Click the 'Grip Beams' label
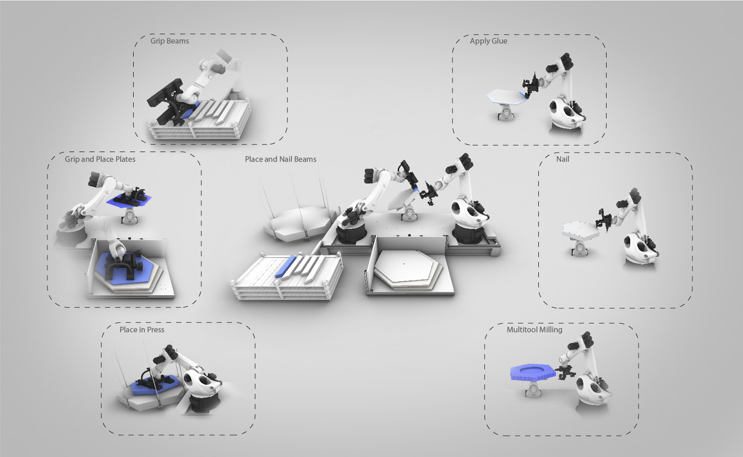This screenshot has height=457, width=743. point(170,41)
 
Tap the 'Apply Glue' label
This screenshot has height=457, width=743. point(488,41)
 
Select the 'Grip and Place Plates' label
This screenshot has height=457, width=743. point(100,159)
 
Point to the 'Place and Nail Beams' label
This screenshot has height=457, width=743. point(280,159)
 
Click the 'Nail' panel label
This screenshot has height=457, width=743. point(562,159)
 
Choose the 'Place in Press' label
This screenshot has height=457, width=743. point(142,330)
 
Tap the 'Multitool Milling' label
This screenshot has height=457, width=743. point(535,330)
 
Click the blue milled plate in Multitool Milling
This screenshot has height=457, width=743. point(532,372)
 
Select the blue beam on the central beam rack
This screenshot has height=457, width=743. point(285,266)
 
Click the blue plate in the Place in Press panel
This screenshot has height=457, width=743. point(156,386)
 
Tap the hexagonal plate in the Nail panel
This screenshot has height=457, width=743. point(580,230)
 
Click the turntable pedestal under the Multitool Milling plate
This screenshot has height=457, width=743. point(533,389)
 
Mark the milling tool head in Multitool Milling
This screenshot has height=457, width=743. point(566,373)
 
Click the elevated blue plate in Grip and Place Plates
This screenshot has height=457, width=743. point(129,200)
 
